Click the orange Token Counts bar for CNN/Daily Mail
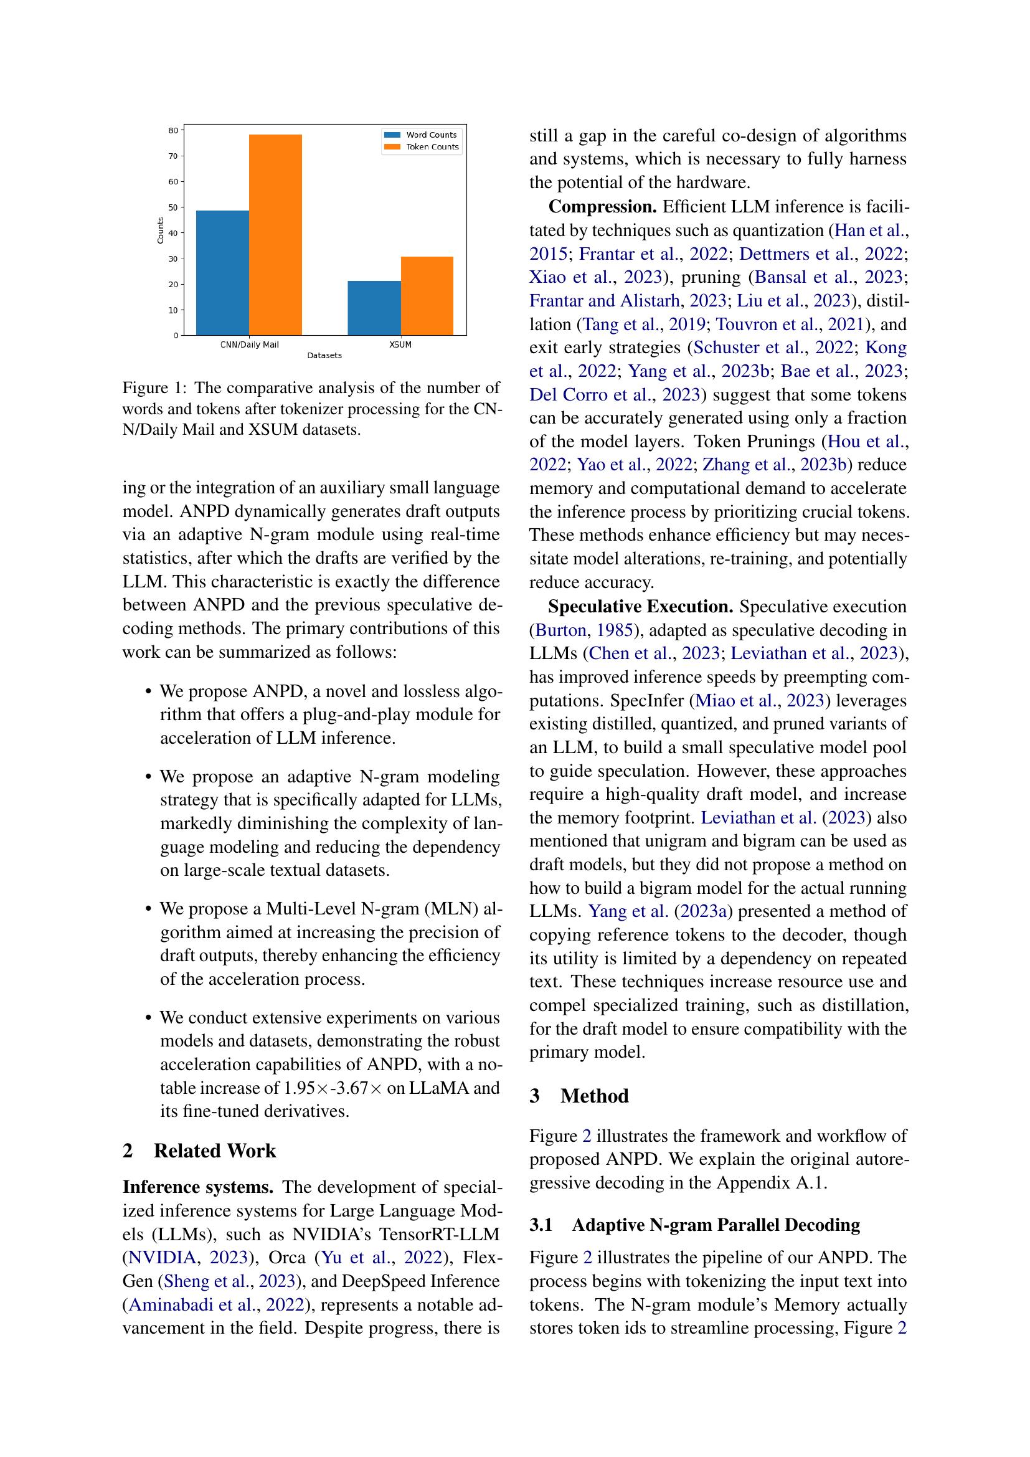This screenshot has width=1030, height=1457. (x=275, y=235)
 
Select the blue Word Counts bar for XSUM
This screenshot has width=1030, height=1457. (x=374, y=308)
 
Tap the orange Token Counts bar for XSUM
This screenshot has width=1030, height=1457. (x=427, y=296)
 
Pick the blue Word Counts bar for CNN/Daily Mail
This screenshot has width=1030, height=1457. (x=222, y=273)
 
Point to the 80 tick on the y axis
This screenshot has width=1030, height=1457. (x=173, y=130)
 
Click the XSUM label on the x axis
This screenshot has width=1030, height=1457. (x=400, y=344)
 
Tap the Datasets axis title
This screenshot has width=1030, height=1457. (x=324, y=355)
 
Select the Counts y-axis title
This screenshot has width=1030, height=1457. (x=161, y=230)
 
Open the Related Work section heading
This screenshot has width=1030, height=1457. (x=214, y=1151)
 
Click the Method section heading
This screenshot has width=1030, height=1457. (x=594, y=1096)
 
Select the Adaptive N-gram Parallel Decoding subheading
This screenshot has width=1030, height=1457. (x=716, y=1225)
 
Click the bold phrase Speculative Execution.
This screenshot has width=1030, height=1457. (x=641, y=607)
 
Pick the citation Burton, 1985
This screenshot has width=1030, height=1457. (x=584, y=630)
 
